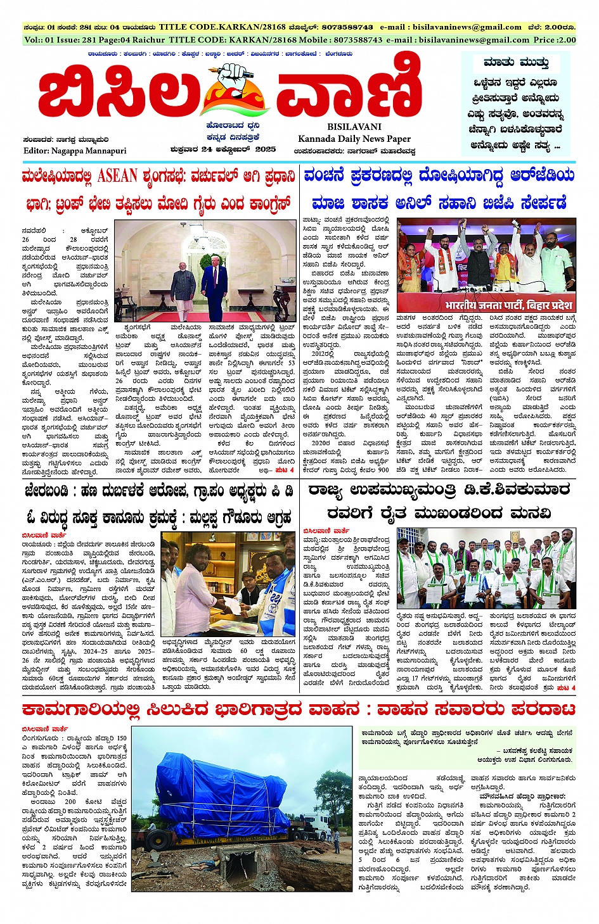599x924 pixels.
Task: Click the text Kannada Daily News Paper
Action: tap(354, 139)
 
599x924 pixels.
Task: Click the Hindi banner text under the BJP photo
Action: tap(508, 305)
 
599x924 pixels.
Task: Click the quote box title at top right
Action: tap(515, 63)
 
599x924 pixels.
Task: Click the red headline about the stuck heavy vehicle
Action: tap(299, 708)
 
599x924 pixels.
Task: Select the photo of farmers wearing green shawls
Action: tap(486, 569)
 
